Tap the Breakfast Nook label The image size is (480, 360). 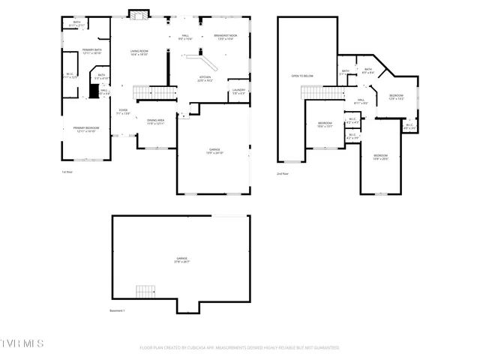pyautogui.click(x=226, y=37)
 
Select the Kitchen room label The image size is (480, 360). pyautogui.click(x=205, y=79)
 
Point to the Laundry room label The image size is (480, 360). pyautogui.click(x=238, y=91)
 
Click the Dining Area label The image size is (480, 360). pyautogui.click(x=155, y=121)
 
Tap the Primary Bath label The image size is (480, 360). pyautogui.click(x=92, y=52)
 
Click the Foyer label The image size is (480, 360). pyautogui.click(x=123, y=112)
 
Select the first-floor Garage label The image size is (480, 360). pyautogui.click(x=214, y=151)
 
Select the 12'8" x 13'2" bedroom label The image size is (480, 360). pyautogui.click(x=396, y=97)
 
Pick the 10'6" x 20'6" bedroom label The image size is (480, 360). pyautogui.click(x=381, y=157)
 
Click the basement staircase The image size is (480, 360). pyautogui.click(x=145, y=291)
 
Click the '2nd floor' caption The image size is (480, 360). pyautogui.click(x=283, y=173)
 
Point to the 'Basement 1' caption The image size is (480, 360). pyautogui.click(x=117, y=310)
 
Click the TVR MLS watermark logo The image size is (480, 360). pyautogui.click(x=22, y=343)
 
